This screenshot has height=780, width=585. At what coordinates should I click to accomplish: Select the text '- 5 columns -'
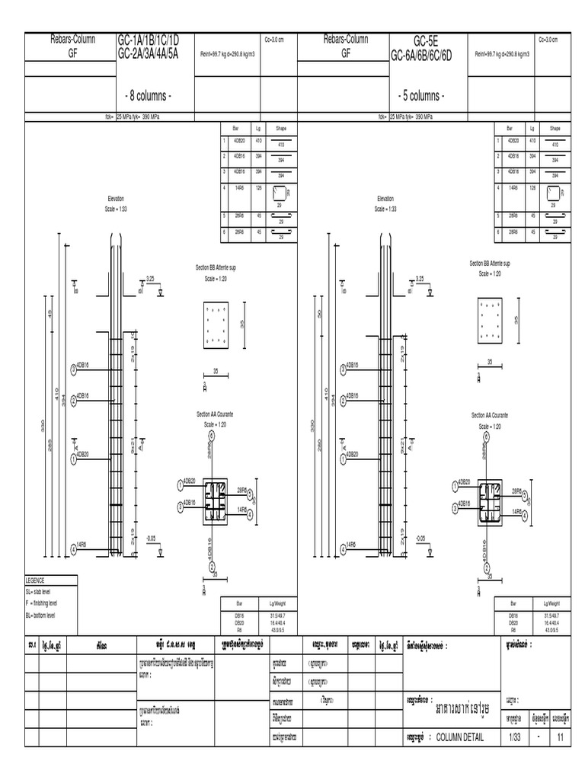coord(421,96)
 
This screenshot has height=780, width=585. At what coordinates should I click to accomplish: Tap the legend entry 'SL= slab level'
coord(45,591)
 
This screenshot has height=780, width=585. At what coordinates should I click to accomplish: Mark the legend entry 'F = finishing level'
coord(50,603)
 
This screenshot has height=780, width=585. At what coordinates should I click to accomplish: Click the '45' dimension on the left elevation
coord(50,314)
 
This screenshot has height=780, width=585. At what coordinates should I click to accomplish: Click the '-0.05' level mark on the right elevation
coord(420,537)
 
